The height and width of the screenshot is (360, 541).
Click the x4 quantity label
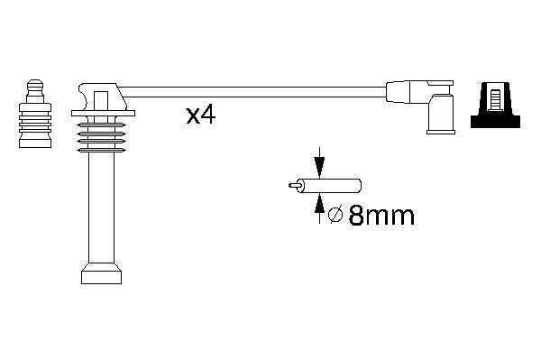click(201, 115)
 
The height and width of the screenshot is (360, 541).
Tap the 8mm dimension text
click(381, 216)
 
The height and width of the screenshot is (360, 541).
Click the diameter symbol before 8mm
click(335, 216)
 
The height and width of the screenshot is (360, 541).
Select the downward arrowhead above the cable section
click(319, 167)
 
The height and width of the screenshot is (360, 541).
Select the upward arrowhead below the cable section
click(319, 203)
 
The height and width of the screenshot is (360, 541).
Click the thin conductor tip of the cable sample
click(294, 185)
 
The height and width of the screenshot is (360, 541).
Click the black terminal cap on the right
click(495, 105)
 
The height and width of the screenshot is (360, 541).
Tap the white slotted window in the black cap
click(495, 100)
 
